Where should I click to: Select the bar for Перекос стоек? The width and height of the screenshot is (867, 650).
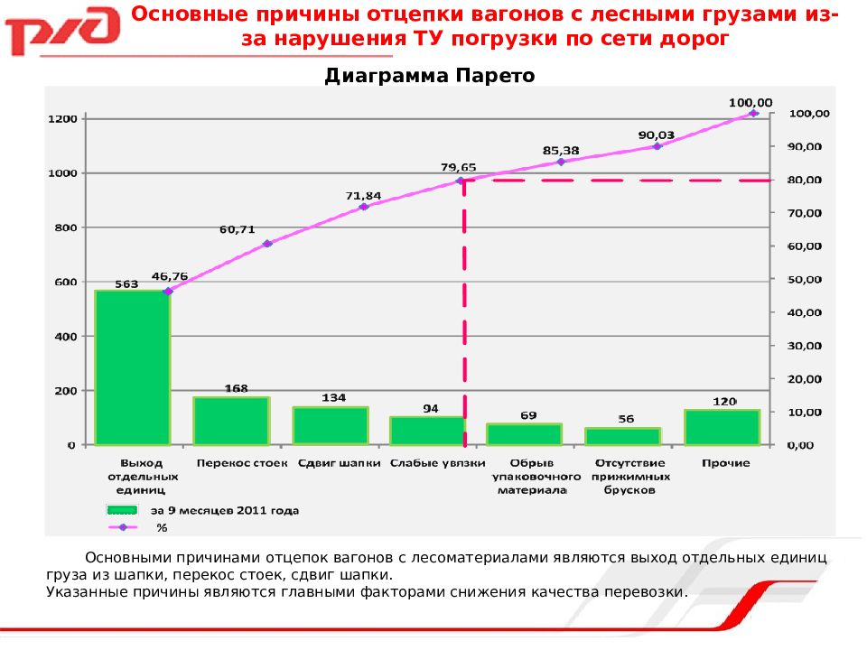click(x=231, y=421)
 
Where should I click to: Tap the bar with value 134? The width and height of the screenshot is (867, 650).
click(x=330, y=425)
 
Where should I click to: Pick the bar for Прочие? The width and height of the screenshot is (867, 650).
click(x=722, y=427)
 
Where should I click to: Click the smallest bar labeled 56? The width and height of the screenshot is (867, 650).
click(x=623, y=436)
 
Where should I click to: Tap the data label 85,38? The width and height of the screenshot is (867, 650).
click(x=561, y=150)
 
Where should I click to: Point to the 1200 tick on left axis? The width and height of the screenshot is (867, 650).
click(x=63, y=119)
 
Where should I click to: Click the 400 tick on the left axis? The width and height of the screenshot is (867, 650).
click(x=67, y=337)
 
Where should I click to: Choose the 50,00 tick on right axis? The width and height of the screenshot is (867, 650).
click(x=805, y=280)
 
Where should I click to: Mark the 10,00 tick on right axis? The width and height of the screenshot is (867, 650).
click(x=805, y=413)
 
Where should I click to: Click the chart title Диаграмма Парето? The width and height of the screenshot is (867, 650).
click(x=430, y=77)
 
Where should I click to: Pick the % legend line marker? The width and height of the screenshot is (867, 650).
click(x=123, y=527)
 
